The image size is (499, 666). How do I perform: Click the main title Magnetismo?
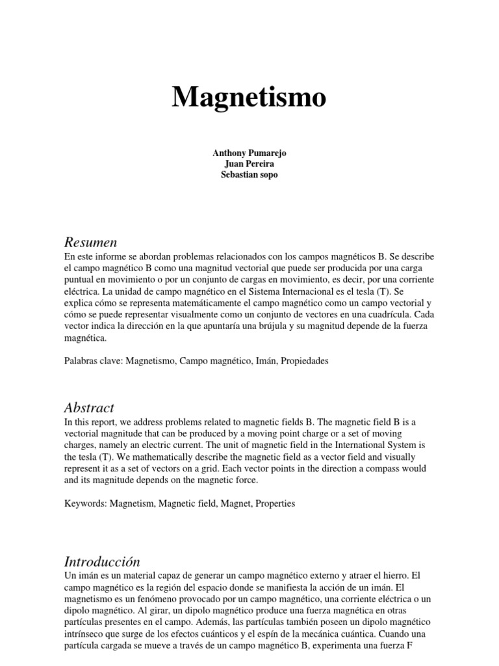249,98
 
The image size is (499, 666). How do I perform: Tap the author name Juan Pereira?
249,164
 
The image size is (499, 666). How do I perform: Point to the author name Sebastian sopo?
249,176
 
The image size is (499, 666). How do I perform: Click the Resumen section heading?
90,243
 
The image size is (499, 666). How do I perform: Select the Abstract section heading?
89,408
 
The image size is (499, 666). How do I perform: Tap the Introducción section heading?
102,561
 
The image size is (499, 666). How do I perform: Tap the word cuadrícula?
382,315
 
